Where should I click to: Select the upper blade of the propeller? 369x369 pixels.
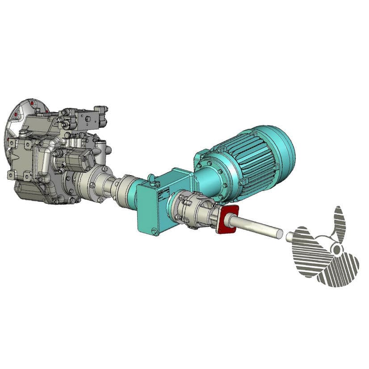pyautogui.click(x=340, y=223)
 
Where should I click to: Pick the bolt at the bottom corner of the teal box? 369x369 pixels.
pyautogui.click(x=154, y=231)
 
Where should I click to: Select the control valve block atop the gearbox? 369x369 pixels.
pyautogui.click(x=92, y=117)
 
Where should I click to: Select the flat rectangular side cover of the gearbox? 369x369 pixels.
pyautogui.click(x=22, y=156)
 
